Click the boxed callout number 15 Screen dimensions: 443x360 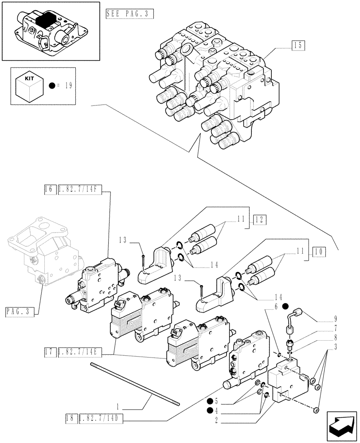pyautogui.click(x=298, y=45)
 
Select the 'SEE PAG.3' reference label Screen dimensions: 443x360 pyautogui.click(x=129, y=14)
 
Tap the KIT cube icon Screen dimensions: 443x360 pyautogui.click(x=29, y=86)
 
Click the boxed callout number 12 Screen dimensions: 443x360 pyautogui.click(x=260, y=219)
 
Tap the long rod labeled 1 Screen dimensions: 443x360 pyautogui.click(x=133, y=383)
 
